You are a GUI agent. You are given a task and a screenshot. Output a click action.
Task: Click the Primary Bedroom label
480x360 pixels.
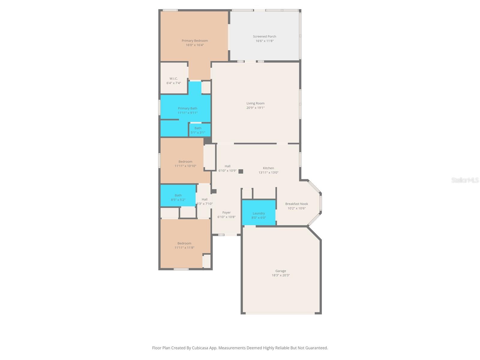pos(195,41)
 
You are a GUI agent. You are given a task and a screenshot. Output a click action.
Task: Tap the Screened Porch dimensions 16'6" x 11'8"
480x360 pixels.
pos(264,41)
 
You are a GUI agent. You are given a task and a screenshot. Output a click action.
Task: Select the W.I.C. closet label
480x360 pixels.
pos(174,79)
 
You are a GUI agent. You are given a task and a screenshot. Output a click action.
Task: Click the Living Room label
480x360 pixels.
pos(255,103)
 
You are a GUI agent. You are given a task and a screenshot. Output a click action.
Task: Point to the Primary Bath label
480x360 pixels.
pos(187,108)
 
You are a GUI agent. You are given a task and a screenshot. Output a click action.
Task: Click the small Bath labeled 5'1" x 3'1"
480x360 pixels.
pos(198,130)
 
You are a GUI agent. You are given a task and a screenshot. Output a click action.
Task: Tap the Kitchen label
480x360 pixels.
pos(268,168)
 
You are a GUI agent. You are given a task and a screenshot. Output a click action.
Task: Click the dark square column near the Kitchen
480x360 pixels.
pos(241,171)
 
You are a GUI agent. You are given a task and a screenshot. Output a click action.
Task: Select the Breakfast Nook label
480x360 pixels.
pos(296,204)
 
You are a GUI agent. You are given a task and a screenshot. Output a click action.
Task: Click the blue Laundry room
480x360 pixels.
pos(259,213)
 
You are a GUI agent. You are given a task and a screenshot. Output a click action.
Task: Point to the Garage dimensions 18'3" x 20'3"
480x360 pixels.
pos(280,275)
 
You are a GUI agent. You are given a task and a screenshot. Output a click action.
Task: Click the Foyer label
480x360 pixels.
pos(226,212)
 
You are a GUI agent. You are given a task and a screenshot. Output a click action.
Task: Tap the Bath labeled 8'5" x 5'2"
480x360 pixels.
pos(178,197)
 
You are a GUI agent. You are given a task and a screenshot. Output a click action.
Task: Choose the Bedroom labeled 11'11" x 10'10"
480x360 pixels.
pos(185,163)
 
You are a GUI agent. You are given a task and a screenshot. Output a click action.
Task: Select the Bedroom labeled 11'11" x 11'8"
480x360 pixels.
pos(184,245)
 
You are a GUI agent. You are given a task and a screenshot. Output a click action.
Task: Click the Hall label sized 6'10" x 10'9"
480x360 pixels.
pos(227,166)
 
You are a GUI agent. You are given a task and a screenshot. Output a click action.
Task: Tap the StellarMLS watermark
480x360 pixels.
pos(465,180)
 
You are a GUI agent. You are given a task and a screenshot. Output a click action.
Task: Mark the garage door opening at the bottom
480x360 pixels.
pos(280,313)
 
